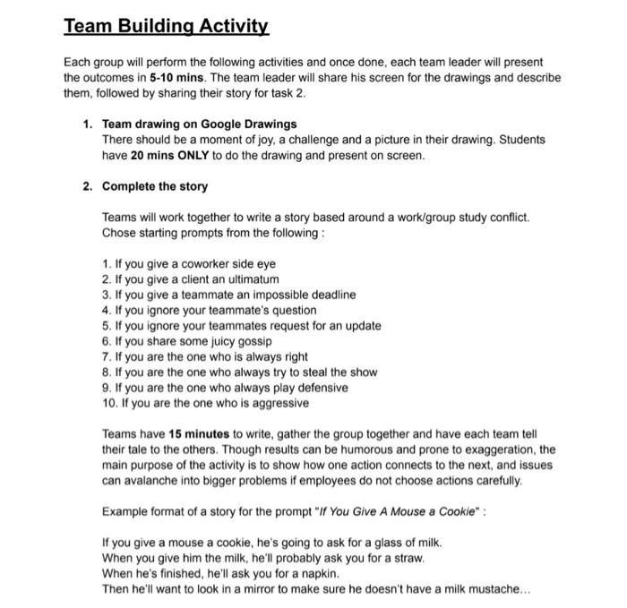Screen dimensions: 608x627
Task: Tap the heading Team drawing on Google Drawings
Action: [200, 124]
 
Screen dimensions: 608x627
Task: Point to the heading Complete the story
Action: [155, 186]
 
